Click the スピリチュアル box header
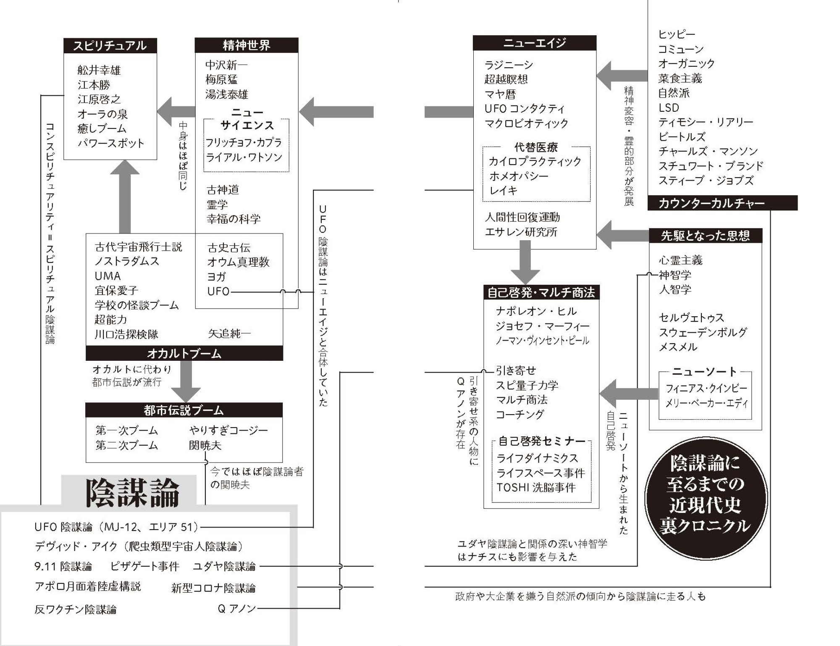(x=110, y=45)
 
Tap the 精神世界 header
(x=247, y=45)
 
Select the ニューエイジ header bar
(x=535, y=43)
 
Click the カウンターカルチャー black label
(x=722, y=203)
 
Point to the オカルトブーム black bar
(x=184, y=353)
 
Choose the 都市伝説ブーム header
(x=184, y=410)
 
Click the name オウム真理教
(x=238, y=262)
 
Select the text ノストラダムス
(x=127, y=261)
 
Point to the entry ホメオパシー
(x=519, y=176)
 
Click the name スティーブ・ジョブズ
(x=706, y=181)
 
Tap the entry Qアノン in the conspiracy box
(x=236, y=608)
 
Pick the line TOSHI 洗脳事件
(x=536, y=488)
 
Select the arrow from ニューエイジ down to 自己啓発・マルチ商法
(x=525, y=265)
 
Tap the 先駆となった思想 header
(x=705, y=236)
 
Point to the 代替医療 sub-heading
(x=536, y=147)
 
